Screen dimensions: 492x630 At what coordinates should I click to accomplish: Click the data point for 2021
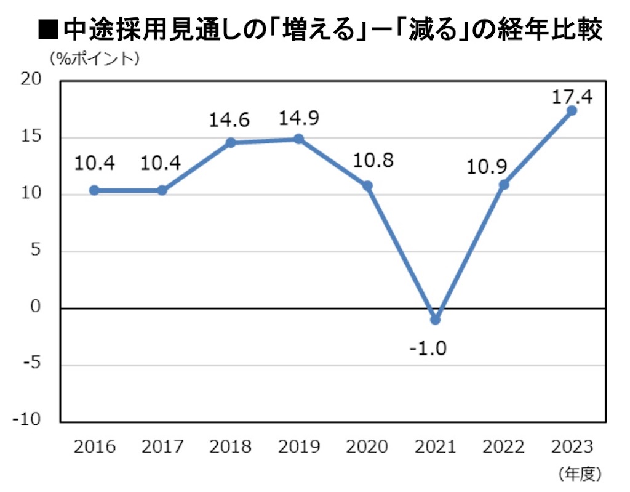tap(436, 320)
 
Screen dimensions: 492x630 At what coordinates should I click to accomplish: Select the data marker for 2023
tap(572, 111)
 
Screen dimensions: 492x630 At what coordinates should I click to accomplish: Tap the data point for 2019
tap(298, 139)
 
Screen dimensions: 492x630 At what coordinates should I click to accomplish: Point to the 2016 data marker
tap(94, 191)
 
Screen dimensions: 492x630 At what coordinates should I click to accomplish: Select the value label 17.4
tap(572, 97)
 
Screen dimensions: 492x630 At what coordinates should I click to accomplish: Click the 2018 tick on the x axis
tap(230, 446)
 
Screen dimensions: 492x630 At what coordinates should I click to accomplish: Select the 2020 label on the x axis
tap(367, 446)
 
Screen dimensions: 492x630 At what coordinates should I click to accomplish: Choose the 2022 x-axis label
tap(503, 446)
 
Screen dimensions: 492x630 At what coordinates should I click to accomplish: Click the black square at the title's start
tap(49, 29)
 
